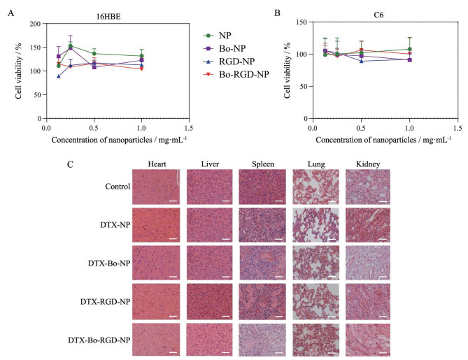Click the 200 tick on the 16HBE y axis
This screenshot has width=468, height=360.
click(35, 23)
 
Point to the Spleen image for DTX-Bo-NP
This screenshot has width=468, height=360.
click(260, 262)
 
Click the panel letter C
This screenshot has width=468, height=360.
click(71, 164)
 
